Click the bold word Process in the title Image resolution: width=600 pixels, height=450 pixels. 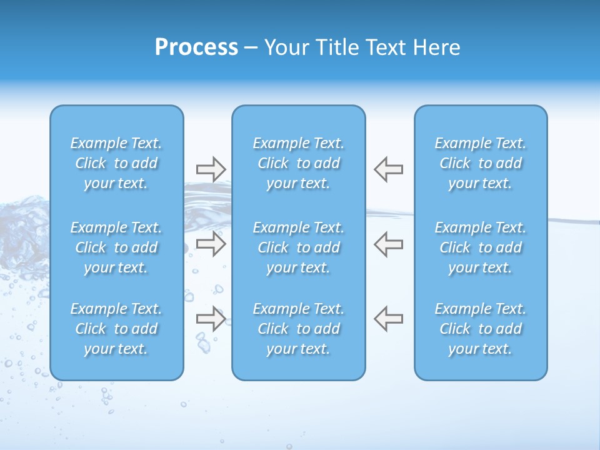coord(196,47)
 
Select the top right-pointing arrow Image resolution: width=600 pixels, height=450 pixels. coord(211,169)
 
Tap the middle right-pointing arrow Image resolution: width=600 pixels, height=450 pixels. coord(211,244)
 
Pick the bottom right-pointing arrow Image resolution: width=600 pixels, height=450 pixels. coord(211,319)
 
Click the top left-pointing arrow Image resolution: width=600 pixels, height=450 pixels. coord(389,169)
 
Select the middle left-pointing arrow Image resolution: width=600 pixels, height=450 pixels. coord(389,244)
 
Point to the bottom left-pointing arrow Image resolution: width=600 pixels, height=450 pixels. coord(389,319)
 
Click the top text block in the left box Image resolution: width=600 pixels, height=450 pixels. coord(116,163)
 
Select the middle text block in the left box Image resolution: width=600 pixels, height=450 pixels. coord(116,247)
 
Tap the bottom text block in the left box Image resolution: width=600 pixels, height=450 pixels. coord(116,329)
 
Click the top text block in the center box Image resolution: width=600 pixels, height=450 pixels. coord(299,163)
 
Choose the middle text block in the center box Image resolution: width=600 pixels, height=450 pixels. coord(299,247)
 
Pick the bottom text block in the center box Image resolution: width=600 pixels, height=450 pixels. coord(299,329)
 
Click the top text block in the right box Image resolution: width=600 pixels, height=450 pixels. coord(481,163)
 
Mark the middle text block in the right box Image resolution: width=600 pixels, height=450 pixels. coord(481,247)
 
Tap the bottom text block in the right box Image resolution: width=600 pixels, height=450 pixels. coord(481,329)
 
